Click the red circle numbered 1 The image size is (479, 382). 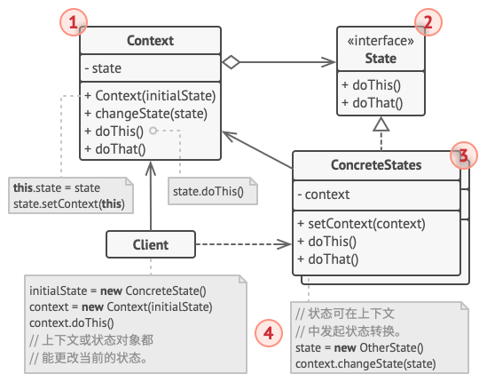coord(74,22)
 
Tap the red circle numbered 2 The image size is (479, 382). coord(428,22)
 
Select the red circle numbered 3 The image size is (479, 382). coord(464,155)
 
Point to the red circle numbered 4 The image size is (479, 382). coord(269,333)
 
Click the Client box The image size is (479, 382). coord(151,244)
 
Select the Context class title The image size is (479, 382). coord(150,41)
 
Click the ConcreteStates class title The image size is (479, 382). coord(376,165)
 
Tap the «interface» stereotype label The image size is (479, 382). coord(381,41)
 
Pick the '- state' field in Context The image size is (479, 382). coord(103,68)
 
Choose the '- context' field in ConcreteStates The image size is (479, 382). coord(324,195)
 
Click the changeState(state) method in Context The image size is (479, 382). coord(146,114)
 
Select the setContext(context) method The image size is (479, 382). coord(361,224)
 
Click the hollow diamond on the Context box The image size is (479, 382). coord(231,62)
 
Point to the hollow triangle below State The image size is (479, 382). coord(381,124)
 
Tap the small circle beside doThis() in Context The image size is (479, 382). coord(153,131)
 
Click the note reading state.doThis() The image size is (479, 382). coord(213,191)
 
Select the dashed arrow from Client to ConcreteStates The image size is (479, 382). coord(243,244)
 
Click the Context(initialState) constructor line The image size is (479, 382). coord(150,96)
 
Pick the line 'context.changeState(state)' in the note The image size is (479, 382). coord(365,364)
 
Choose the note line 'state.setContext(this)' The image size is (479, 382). coord(69,203)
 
